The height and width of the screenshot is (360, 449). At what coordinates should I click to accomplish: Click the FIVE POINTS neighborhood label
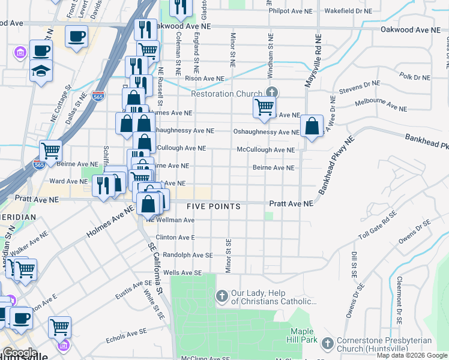(x=213, y=207)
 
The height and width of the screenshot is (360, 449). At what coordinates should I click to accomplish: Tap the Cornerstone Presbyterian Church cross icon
(x=328, y=343)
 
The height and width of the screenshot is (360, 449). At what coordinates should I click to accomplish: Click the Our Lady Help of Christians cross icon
(x=221, y=296)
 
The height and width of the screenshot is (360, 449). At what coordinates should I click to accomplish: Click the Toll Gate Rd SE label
(x=378, y=226)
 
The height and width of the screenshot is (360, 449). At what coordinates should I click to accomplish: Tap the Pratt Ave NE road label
(x=291, y=204)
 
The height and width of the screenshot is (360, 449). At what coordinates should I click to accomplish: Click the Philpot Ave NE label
(x=291, y=11)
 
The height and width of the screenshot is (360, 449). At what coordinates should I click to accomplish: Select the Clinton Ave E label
(x=175, y=238)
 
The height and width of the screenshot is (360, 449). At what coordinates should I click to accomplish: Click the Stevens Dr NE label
(x=360, y=88)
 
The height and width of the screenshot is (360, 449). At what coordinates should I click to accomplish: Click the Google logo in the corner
(x=19, y=353)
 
